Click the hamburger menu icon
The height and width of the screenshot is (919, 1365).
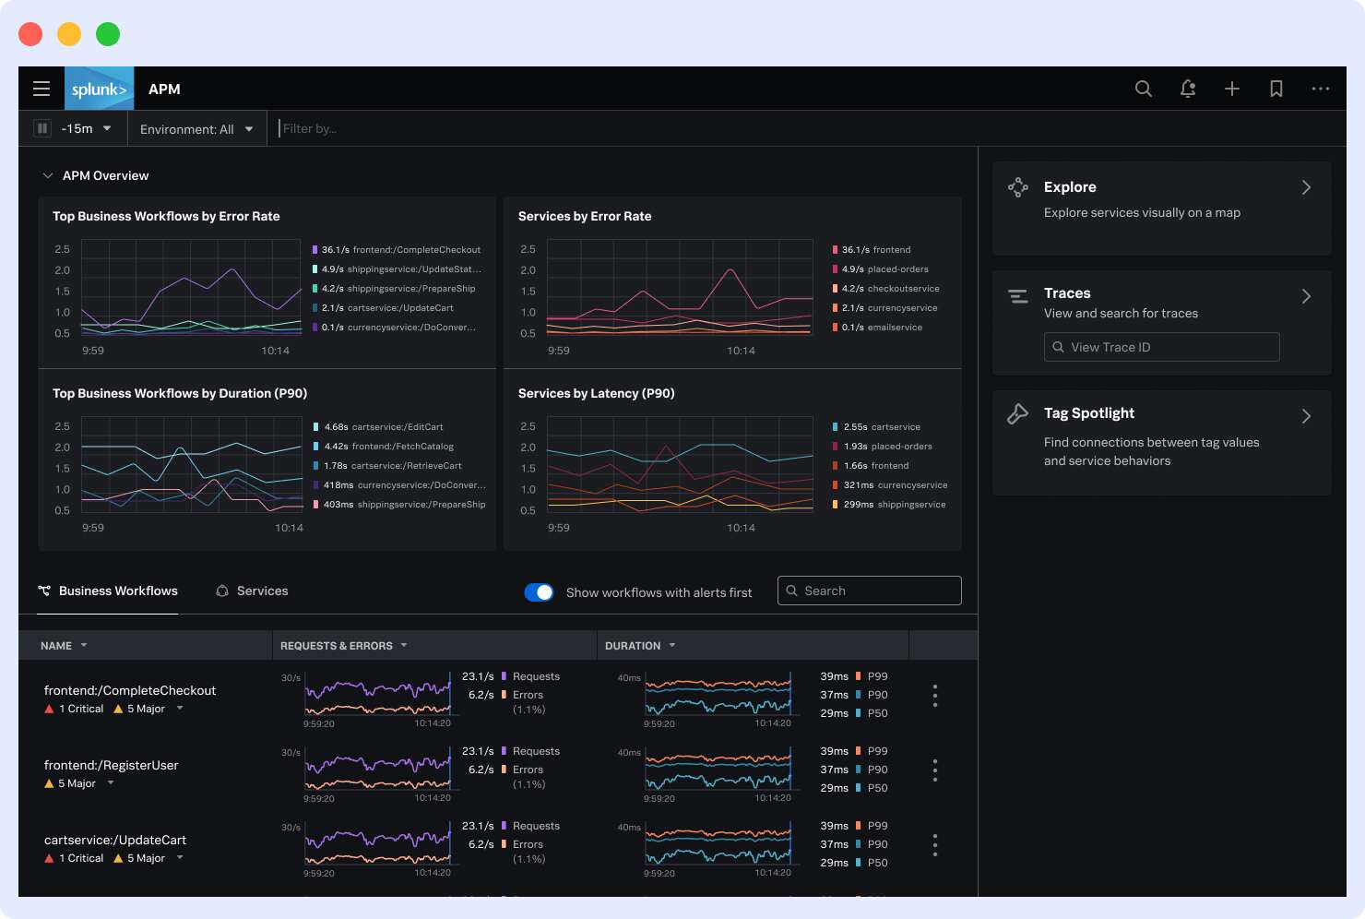tap(42, 89)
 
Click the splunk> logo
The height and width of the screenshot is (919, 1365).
tap(99, 89)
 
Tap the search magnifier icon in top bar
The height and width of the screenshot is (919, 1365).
tap(1143, 89)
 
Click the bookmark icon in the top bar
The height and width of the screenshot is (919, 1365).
tap(1276, 89)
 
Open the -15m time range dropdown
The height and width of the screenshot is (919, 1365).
tap(85, 129)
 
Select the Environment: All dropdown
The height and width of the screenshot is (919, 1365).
tap(196, 129)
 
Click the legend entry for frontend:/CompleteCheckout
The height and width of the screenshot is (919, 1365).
tap(415, 250)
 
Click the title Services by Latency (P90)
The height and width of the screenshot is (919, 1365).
tap(596, 394)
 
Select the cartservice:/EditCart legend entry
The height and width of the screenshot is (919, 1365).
tap(397, 427)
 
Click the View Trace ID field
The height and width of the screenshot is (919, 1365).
tap(1161, 347)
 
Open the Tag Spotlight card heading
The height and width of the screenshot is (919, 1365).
tap(1088, 413)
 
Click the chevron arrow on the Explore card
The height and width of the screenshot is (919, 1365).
tap(1306, 187)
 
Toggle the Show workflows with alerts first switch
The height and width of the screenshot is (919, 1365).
tap(539, 592)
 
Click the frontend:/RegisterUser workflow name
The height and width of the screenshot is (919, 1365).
tap(112, 765)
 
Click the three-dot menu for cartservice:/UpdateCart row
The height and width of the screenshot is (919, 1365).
tap(934, 844)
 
